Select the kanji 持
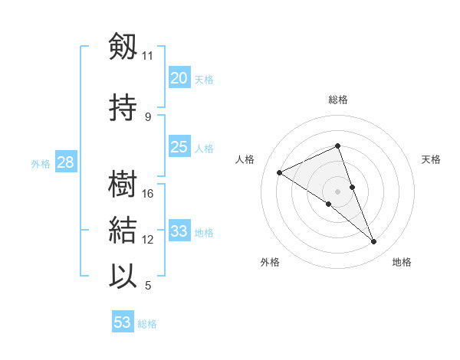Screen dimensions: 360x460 (x=123, y=108)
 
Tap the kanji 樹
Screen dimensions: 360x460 (x=123, y=185)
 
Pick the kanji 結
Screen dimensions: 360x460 (x=123, y=230)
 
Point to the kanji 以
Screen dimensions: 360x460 (x=123, y=276)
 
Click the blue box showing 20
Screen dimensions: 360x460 (x=179, y=77)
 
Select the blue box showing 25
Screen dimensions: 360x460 (x=179, y=147)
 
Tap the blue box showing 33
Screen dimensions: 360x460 (x=179, y=231)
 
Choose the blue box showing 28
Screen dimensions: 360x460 (x=65, y=162)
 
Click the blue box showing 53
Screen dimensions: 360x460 (x=123, y=322)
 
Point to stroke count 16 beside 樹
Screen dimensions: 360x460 (x=149, y=193)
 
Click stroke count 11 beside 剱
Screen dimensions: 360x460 (x=147, y=55)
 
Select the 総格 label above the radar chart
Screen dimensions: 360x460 (x=338, y=100)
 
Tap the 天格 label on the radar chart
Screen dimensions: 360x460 (x=432, y=159)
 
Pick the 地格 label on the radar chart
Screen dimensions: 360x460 (x=402, y=262)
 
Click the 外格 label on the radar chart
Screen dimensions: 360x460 (x=270, y=262)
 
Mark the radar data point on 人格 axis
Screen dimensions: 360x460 (x=280, y=173)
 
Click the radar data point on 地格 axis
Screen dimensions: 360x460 (x=374, y=242)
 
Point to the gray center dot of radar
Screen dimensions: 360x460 (x=338, y=191)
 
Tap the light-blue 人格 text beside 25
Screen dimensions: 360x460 (x=204, y=148)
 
